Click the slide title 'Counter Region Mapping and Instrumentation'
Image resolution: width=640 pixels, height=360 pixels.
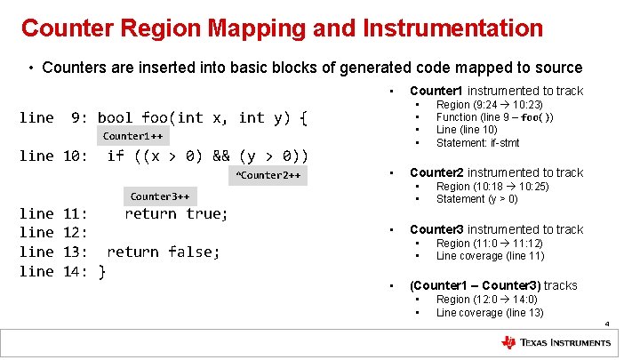click(282, 28)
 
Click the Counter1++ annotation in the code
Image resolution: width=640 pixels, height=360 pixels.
click(132, 136)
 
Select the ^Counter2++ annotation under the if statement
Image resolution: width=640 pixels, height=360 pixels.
click(268, 175)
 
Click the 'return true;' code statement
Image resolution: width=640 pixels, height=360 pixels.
click(176, 213)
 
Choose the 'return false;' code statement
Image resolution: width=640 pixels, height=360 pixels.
click(163, 252)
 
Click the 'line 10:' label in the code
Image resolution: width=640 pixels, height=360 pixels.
click(52, 156)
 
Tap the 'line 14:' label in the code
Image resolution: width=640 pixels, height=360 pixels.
click(52, 271)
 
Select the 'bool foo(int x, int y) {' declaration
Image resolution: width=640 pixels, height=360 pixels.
click(202, 117)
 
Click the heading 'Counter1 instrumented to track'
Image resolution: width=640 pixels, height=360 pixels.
click(496, 91)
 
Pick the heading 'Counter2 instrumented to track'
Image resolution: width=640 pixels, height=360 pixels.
click(496, 172)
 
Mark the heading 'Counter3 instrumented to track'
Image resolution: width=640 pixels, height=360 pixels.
click(496, 229)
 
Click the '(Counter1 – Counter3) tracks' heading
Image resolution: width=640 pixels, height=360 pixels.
click(492, 285)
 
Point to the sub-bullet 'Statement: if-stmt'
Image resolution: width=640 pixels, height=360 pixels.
click(477, 143)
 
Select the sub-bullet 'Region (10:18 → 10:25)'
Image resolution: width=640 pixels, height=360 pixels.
click(492, 187)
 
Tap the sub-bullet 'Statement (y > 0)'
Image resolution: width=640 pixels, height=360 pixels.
click(476, 199)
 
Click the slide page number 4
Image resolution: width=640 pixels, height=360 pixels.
click(606, 325)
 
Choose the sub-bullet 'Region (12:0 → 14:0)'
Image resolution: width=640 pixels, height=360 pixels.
click(489, 300)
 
